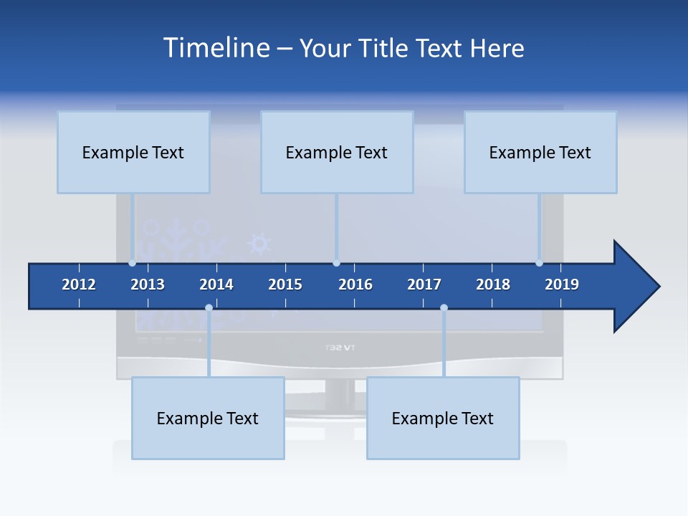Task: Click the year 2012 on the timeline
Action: pyautogui.click(x=79, y=285)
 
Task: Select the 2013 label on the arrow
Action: pyautogui.click(x=148, y=285)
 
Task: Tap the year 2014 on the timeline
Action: pyautogui.click(x=216, y=285)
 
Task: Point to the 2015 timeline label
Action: pyautogui.click(x=285, y=285)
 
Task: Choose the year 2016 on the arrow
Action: pyautogui.click(x=355, y=285)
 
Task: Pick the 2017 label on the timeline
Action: pyautogui.click(x=424, y=285)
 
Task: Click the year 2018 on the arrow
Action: pyautogui.click(x=493, y=285)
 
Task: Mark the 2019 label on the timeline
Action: pyautogui.click(x=562, y=285)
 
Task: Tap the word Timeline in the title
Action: pyautogui.click(x=215, y=48)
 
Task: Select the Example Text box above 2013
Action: pyautogui.click(x=133, y=152)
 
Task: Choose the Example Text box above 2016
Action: pyautogui.click(x=337, y=152)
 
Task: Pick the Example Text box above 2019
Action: pyautogui.click(x=540, y=152)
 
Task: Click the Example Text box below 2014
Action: pyautogui.click(x=208, y=418)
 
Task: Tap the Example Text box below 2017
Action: pyautogui.click(x=443, y=418)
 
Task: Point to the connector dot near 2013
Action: pyautogui.click(x=133, y=263)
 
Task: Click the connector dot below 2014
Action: pyautogui.click(x=209, y=308)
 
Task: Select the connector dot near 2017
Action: pyautogui.click(x=444, y=308)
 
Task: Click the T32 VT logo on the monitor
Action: pyautogui.click(x=340, y=348)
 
